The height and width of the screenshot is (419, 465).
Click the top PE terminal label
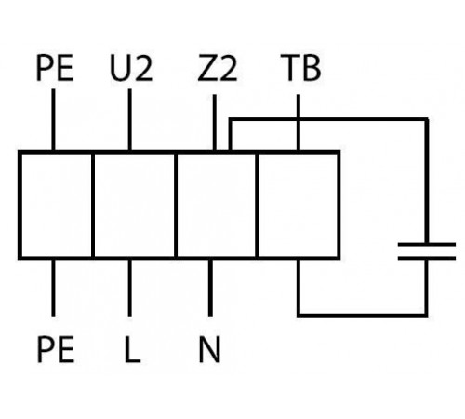[x=55, y=68]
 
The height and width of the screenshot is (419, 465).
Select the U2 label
[x=131, y=68]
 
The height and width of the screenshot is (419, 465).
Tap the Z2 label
[x=218, y=68]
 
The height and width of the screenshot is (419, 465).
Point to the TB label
[x=300, y=68]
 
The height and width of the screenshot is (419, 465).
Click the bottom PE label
[x=56, y=349]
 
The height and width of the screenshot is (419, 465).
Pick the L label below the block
[x=132, y=349]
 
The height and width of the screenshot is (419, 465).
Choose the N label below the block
[x=210, y=349]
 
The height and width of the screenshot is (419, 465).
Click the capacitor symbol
[x=427, y=251]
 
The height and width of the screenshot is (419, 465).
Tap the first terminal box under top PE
[x=56, y=205]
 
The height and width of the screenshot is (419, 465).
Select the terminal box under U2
[x=135, y=205]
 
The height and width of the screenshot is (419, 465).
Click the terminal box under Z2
[x=217, y=205]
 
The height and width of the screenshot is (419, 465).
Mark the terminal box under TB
[x=298, y=205]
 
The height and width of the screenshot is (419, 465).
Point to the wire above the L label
[x=129, y=288]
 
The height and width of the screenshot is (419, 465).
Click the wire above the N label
[x=210, y=288]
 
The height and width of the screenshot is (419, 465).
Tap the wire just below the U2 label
[x=129, y=120]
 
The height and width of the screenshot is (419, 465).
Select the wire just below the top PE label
[x=53, y=120]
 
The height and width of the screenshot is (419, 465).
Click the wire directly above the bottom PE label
[x=53, y=288]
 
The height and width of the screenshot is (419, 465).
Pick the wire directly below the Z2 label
[x=215, y=123]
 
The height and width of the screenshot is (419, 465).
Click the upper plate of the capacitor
[x=427, y=245]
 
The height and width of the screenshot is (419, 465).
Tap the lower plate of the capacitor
[x=427, y=258]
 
